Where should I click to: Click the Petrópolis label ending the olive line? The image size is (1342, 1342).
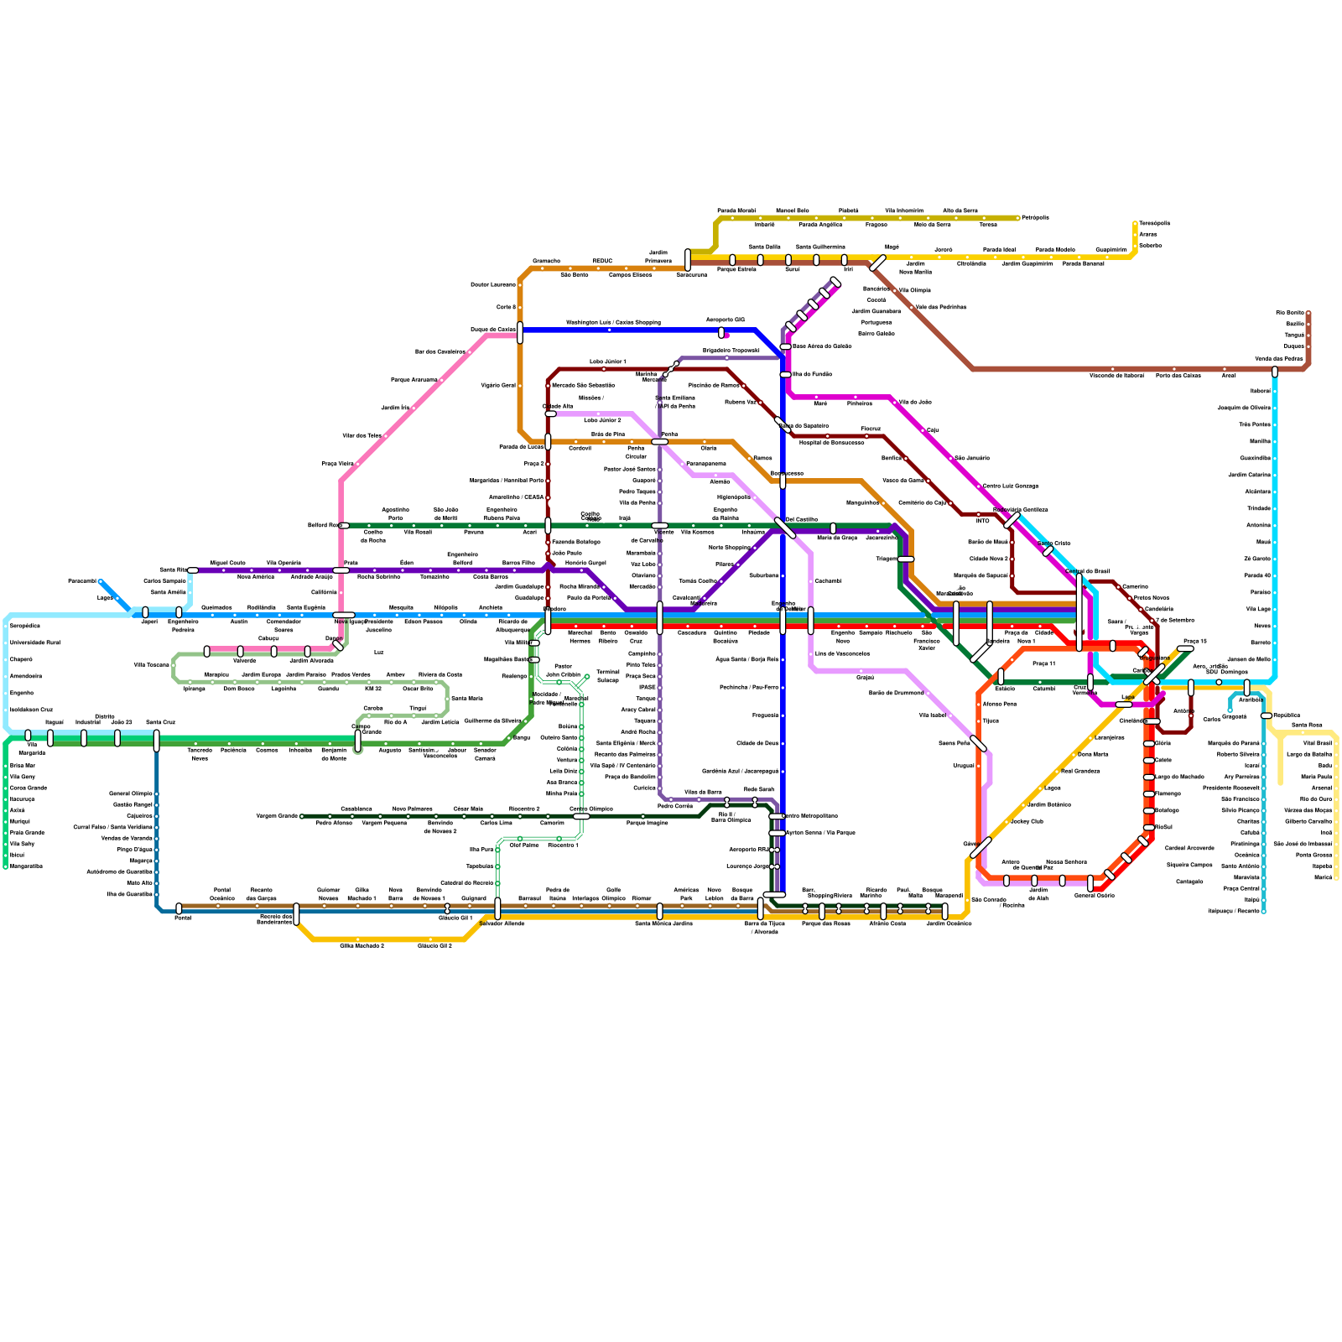click(x=1035, y=217)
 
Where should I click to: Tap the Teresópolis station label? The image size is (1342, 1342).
click(x=1154, y=224)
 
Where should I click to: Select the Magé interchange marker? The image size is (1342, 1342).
click(x=877, y=263)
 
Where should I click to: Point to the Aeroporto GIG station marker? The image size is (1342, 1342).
click(x=721, y=332)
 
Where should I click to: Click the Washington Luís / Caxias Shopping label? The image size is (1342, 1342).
click(x=612, y=322)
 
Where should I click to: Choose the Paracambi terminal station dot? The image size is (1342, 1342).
click(x=101, y=580)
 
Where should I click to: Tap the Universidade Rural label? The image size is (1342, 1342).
click(x=34, y=642)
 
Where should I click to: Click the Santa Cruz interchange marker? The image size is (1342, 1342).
click(x=156, y=741)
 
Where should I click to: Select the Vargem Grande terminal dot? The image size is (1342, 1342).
click(x=302, y=816)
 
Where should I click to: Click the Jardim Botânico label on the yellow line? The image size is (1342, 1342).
click(x=1048, y=804)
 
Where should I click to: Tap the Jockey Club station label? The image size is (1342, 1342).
click(x=1027, y=821)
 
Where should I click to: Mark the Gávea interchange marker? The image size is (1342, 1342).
click(x=980, y=848)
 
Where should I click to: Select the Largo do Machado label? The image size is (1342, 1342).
click(x=1179, y=777)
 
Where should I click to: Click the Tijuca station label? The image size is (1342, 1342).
click(x=991, y=720)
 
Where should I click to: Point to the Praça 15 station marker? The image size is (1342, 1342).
click(x=1185, y=648)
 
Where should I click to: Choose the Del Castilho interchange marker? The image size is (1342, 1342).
click(x=785, y=528)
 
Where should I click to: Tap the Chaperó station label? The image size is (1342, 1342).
click(x=21, y=659)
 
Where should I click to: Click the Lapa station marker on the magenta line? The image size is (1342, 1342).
click(x=1124, y=705)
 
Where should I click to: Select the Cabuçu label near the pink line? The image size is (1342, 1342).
click(x=268, y=639)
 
